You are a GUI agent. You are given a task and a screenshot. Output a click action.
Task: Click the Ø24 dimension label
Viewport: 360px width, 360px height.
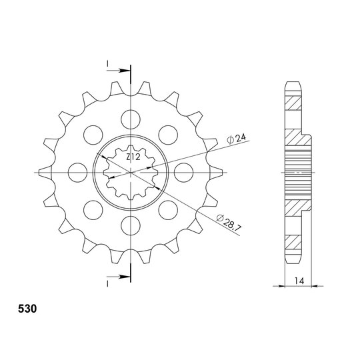(236, 139)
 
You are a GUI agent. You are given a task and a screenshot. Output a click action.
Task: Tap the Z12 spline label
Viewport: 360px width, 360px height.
(133, 157)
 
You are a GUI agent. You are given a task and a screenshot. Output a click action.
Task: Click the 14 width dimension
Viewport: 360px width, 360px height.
(299, 281)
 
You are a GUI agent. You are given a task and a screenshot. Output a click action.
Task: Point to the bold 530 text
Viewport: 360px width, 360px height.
(27, 309)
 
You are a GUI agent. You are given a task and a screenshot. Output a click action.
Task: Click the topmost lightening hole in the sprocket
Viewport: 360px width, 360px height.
(131, 119)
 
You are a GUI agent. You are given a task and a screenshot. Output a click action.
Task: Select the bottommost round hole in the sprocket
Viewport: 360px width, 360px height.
(131, 225)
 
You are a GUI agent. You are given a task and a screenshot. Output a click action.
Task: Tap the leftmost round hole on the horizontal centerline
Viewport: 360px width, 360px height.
(78, 173)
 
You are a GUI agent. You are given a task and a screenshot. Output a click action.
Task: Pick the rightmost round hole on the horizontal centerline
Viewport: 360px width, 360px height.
(183, 173)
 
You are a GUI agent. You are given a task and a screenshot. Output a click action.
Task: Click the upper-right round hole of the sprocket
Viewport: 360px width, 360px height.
(168, 135)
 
